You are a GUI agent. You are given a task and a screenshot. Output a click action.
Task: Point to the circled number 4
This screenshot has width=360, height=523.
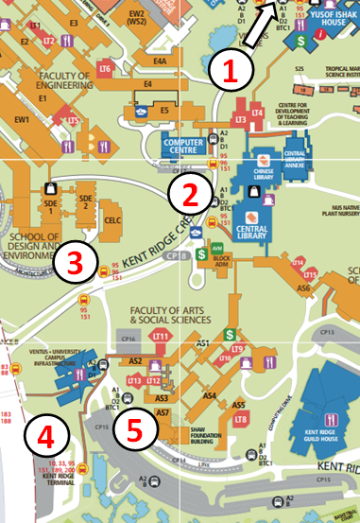coord(45,436)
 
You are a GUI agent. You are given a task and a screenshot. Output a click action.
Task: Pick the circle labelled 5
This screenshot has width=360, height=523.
coord(136,428)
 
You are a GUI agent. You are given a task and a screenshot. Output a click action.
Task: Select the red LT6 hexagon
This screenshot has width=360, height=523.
coord(105,70)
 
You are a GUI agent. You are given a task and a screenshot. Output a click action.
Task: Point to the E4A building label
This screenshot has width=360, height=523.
coord(161,62)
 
